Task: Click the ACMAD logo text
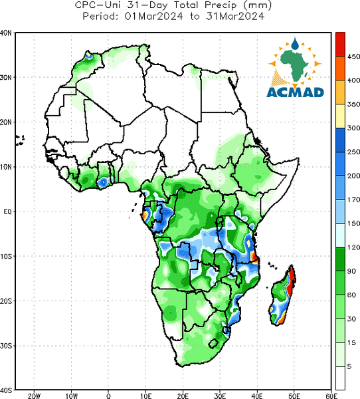point(295,92)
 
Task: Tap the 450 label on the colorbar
point(353,57)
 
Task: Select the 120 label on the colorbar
point(353,247)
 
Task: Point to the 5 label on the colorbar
point(349,366)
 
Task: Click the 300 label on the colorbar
point(353,128)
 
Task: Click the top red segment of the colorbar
point(341,45)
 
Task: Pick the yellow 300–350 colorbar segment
point(341,116)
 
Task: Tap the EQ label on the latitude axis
point(7,211)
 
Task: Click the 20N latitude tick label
point(6,122)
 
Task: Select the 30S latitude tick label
point(6,346)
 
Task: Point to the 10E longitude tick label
point(145,396)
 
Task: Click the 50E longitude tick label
point(294,396)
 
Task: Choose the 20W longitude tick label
point(35,396)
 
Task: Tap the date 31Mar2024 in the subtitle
point(235,16)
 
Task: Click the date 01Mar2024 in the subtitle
point(153,16)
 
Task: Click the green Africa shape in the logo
point(295,65)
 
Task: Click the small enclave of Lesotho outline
point(213,343)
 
